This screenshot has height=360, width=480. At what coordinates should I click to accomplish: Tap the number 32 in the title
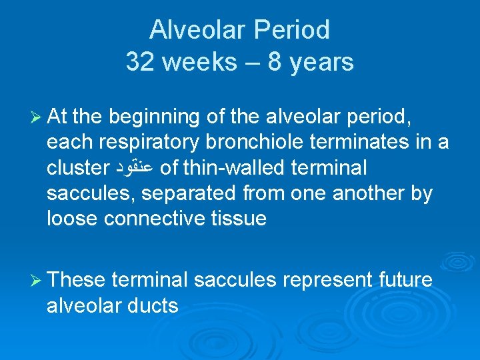(x=140, y=62)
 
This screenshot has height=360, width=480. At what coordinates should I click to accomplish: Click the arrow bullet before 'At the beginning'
(x=34, y=117)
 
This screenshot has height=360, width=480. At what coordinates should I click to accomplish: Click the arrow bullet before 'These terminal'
(x=34, y=281)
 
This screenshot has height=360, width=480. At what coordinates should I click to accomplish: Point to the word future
(x=407, y=281)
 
